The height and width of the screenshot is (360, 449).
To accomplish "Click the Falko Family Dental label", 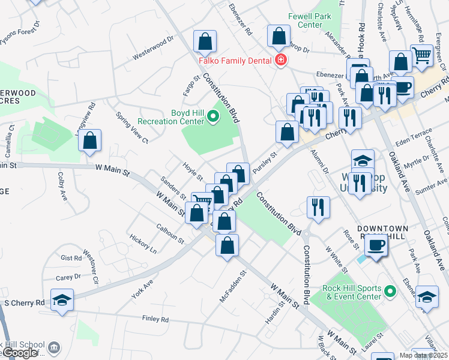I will [x=235, y=61].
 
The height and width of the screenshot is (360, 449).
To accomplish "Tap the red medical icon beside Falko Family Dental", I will [x=280, y=60].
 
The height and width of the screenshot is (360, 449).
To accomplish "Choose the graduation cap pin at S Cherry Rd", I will [x=62, y=299].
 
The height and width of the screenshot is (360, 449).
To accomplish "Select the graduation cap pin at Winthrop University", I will [x=363, y=160].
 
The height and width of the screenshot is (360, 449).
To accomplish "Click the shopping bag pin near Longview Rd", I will [x=89, y=140].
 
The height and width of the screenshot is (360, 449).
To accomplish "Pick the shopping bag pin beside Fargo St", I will [x=205, y=41].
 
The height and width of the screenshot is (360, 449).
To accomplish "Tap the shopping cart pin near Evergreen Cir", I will [x=422, y=56].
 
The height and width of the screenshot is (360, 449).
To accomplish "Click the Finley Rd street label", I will [x=155, y=319].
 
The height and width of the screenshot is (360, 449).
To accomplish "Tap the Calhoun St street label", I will [x=170, y=231].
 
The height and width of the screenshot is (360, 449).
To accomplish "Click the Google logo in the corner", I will [x=20, y=353].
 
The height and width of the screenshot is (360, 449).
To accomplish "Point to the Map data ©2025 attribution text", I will [x=423, y=355].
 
